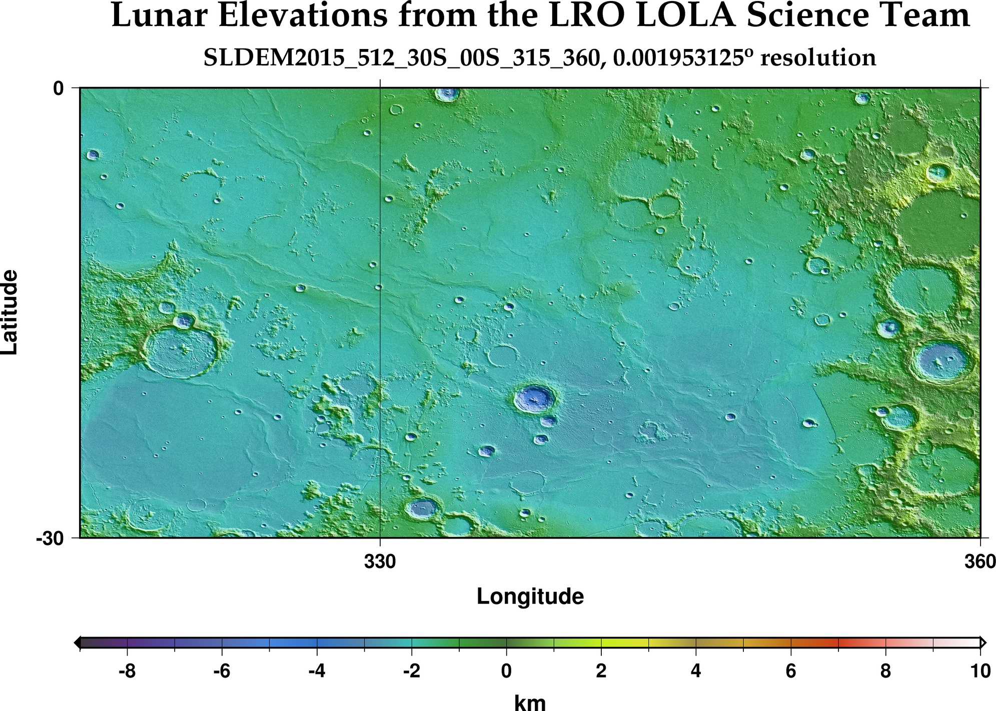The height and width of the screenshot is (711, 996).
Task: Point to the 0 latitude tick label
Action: click(x=59, y=88)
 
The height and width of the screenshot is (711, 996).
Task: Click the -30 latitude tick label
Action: click(x=50, y=538)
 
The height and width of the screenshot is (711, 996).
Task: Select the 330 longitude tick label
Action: click(x=380, y=562)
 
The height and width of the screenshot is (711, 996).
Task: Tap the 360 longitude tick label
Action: click(x=979, y=562)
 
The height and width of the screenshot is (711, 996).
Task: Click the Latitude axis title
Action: click(x=10, y=312)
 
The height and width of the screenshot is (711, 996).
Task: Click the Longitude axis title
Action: click(x=530, y=596)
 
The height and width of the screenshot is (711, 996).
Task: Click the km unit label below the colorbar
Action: click(x=530, y=702)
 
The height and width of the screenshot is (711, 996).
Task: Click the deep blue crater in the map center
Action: click(x=535, y=398)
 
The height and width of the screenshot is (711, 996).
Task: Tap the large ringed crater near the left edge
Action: click(x=181, y=352)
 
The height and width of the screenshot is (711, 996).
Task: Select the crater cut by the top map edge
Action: click(x=447, y=93)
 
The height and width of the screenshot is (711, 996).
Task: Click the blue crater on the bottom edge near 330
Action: click(x=422, y=508)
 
